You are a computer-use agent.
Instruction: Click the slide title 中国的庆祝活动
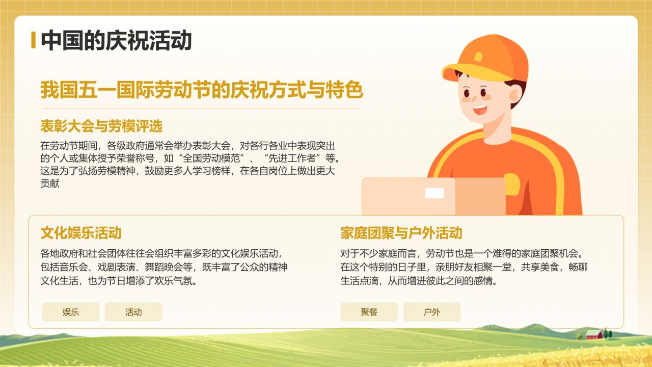point(116,40)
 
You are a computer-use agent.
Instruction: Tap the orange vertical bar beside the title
point(33,40)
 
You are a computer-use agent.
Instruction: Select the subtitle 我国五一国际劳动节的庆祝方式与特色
point(201,91)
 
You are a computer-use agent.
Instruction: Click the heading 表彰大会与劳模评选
point(101,126)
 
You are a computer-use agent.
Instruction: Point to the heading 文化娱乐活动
point(81,233)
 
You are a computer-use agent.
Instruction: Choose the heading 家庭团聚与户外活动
point(401,233)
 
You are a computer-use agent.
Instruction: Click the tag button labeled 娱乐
point(71,312)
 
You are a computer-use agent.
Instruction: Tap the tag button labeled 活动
point(133,312)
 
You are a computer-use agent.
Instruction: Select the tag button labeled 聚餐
point(369,312)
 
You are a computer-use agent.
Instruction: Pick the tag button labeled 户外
point(432,312)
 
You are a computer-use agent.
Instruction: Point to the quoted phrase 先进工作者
point(292,158)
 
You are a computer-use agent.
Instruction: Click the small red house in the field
point(593,334)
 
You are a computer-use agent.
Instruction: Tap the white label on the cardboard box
point(434,193)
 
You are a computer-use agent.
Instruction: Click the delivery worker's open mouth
point(480,109)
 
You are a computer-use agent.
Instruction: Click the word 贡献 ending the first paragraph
point(50,183)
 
